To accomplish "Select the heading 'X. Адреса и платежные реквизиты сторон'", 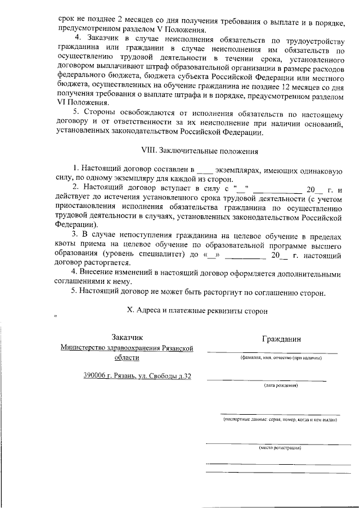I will (x=199, y=310).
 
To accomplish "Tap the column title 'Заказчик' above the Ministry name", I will (x=127, y=337).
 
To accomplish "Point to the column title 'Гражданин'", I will (x=281, y=339).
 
